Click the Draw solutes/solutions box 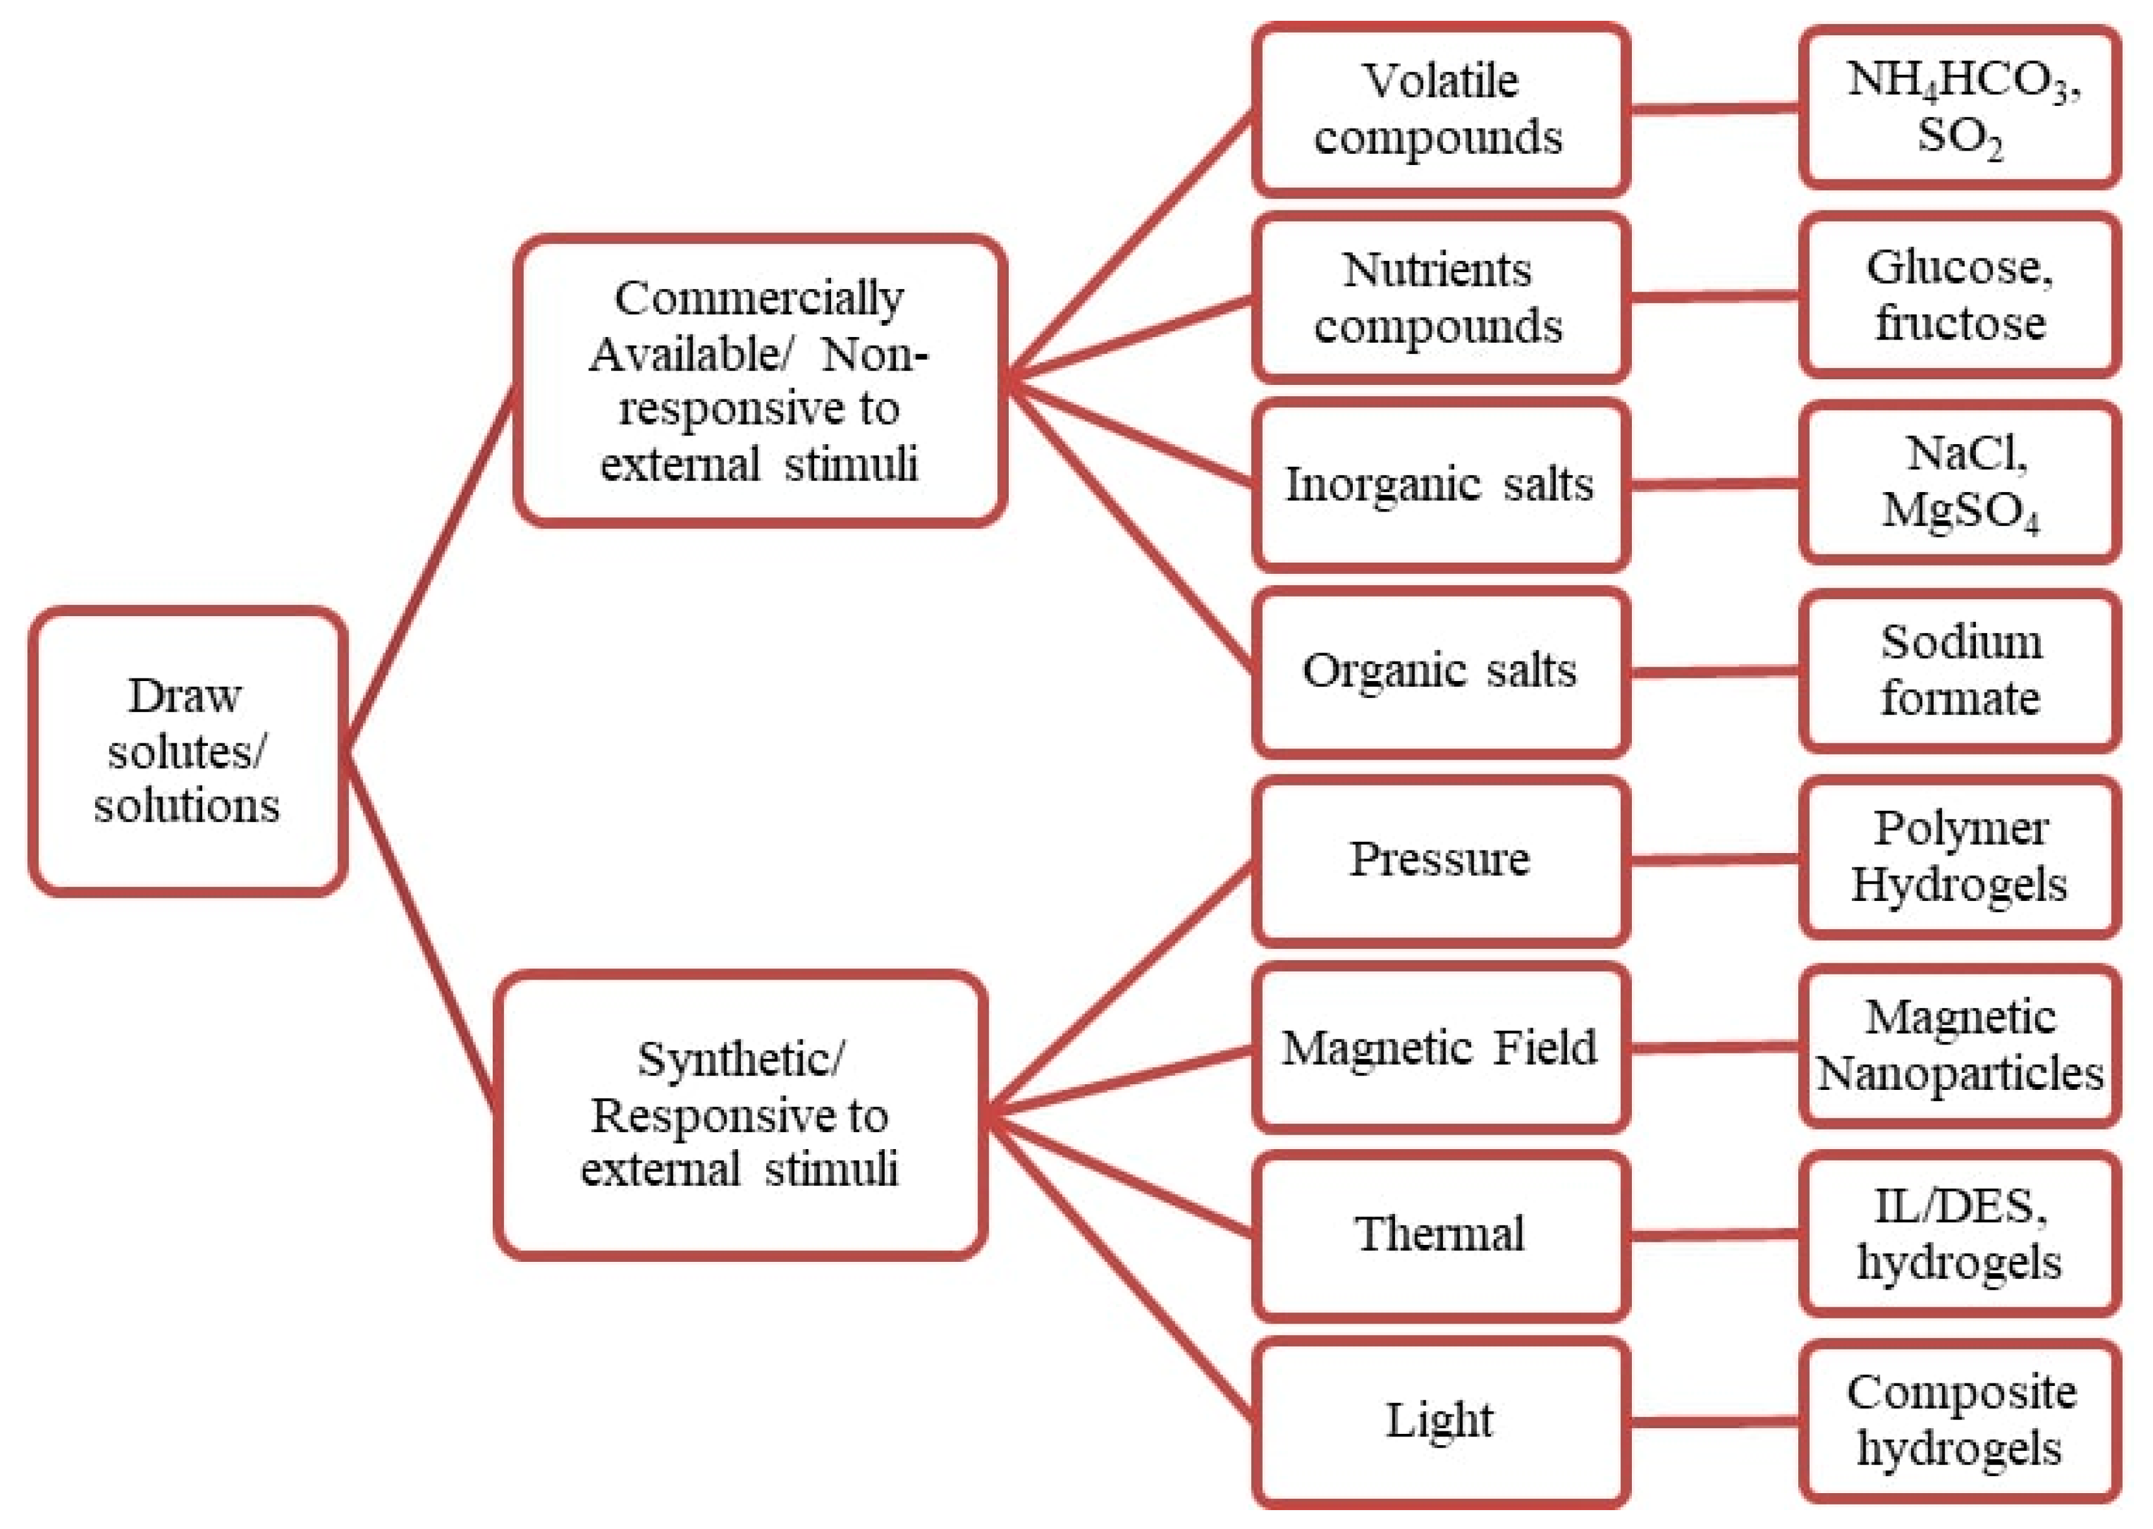tap(187, 750)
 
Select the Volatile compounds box tap(1440, 109)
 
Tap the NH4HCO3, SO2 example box tap(1960, 107)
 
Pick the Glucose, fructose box tap(1960, 295)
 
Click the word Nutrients tap(1437, 270)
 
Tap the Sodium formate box tap(1960, 670)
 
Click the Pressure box tap(1440, 859)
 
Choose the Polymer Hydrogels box tap(1960, 857)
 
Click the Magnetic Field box tap(1440, 1047)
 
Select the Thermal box tap(1440, 1234)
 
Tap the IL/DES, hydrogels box tap(1960, 1234)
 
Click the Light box tap(1440, 1421)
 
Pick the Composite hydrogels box tap(1960, 1421)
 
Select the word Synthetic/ tap(741, 1060)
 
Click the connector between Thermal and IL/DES tap(1714, 1234)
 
